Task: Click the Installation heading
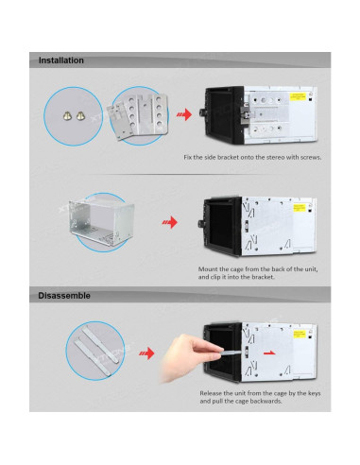(61, 60)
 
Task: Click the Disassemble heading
(64, 296)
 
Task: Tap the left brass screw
(67, 116)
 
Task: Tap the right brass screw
(80, 116)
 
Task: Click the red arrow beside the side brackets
(184, 114)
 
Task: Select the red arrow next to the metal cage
(170, 222)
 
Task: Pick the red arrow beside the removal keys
(146, 353)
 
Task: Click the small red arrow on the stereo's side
(269, 353)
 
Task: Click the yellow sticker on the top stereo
(298, 96)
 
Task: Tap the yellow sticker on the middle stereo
(300, 208)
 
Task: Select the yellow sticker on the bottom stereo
(300, 334)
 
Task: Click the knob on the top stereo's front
(202, 112)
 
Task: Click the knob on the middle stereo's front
(200, 224)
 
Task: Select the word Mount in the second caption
(207, 269)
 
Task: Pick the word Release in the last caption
(211, 393)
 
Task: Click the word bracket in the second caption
(264, 277)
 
